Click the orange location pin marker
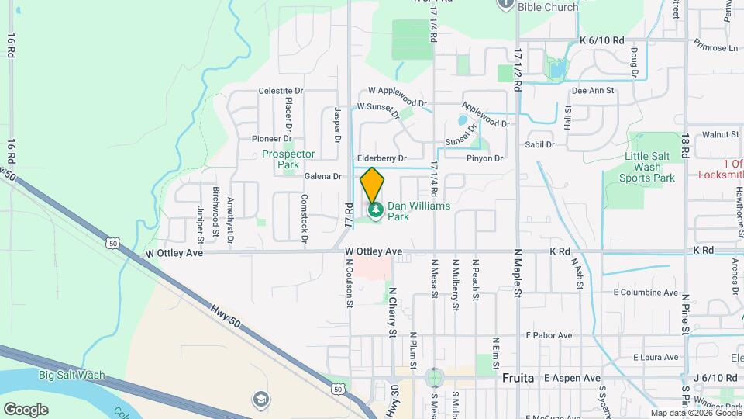372,185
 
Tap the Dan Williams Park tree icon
376,210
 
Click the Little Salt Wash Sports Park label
648,167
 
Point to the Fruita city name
518,378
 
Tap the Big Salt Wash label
72,376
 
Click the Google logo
26,409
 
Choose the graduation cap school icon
261,400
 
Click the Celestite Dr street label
281,91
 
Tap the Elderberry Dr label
382,158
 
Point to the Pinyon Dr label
485,158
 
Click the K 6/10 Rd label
601,40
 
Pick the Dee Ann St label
592,91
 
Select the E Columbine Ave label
646,293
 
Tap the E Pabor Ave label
549,335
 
